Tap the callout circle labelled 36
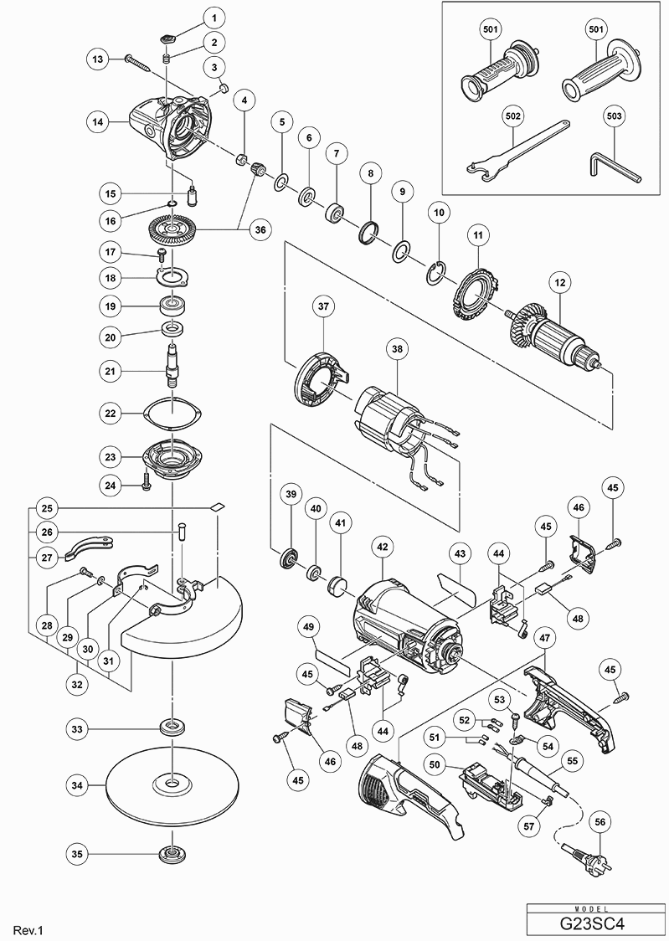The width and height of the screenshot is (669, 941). pos(260,229)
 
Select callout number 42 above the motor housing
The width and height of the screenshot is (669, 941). pos(382,547)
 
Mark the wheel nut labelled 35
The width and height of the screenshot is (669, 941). pos(172,853)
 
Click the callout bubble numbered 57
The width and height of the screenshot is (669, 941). pos(528,826)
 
